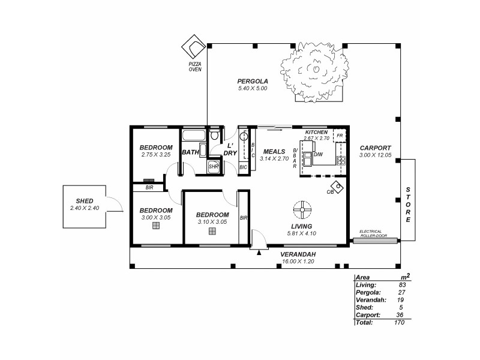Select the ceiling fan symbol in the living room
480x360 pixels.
(x=302, y=209)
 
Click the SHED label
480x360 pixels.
(x=84, y=201)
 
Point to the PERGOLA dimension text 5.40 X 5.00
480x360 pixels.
(x=252, y=88)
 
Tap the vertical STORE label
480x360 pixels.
(x=408, y=205)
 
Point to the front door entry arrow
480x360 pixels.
(x=259, y=253)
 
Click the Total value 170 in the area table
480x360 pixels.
(x=400, y=322)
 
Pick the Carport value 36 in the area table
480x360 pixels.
(x=401, y=314)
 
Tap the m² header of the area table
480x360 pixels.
(x=405, y=277)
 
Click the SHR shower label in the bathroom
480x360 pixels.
(x=213, y=167)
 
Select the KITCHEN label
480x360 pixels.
(x=316, y=131)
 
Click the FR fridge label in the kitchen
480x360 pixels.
(x=340, y=136)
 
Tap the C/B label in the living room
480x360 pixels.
(x=330, y=191)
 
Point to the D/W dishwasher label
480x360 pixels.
(x=318, y=154)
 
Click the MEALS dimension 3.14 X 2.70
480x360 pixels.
(x=275, y=158)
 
